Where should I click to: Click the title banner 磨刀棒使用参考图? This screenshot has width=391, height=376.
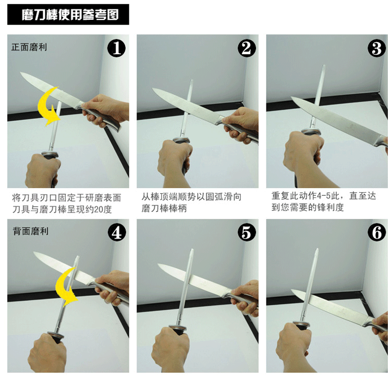click(x=68, y=15)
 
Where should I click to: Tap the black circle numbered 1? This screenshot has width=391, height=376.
click(x=116, y=48)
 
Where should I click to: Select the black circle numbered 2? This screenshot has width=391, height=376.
click(x=247, y=48)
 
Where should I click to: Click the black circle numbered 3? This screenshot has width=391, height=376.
click(x=377, y=48)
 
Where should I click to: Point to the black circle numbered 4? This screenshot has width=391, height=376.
click(x=117, y=232)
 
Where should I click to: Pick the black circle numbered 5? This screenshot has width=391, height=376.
click(x=247, y=232)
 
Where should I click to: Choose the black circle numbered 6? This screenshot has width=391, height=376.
click(x=377, y=232)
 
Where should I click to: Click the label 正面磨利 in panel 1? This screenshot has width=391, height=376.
click(x=29, y=47)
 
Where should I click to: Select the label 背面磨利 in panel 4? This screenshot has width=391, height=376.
click(x=30, y=231)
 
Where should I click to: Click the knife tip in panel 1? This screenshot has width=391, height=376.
click(x=21, y=73)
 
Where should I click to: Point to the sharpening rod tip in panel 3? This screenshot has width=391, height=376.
click(x=324, y=65)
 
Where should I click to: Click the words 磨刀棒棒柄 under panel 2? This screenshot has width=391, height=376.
click(x=164, y=208)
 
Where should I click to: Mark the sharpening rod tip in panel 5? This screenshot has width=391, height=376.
click(x=192, y=249)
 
